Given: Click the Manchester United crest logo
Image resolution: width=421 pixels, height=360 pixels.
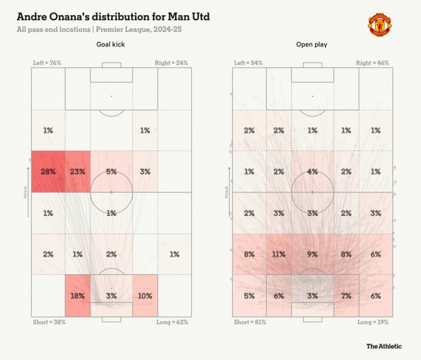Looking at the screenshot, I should (x=381, y=24).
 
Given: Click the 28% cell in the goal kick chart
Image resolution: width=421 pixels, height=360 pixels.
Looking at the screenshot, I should (x=48, y=172).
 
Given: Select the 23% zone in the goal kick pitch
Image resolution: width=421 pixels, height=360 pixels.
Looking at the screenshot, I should (x=78, y=172).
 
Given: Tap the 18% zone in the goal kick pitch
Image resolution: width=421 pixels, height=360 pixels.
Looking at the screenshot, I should (x=78, y=295).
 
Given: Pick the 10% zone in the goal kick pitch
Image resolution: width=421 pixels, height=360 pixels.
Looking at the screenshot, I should (x=145, y=295).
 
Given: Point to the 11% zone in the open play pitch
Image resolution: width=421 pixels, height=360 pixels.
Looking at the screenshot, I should (x=279, y=254).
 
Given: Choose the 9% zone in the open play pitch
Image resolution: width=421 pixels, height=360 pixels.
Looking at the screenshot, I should (x=312, y=254).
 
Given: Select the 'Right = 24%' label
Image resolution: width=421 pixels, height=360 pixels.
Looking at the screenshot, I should (x=171, y=63).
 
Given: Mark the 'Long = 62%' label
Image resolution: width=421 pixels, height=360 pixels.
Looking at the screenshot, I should (x=171, y=322).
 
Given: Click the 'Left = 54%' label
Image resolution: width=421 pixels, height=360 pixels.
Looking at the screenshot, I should (x=247, y=63).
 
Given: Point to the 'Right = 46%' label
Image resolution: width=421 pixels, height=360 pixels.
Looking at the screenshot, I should (x=373, y=63).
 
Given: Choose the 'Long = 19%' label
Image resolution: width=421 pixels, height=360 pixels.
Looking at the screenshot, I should (x=373, y=322).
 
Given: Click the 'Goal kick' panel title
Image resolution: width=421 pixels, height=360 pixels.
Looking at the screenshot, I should (x=111, y=45).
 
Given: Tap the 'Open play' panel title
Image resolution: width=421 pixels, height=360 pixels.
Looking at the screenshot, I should (x=312, y=45).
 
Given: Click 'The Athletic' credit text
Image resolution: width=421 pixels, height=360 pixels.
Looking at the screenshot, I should (x=384, y=346).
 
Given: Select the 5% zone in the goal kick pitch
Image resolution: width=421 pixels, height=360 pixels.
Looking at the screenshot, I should (x=111, y=172).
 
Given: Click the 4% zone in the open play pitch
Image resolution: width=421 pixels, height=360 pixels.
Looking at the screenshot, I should (x=312, y=172).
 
